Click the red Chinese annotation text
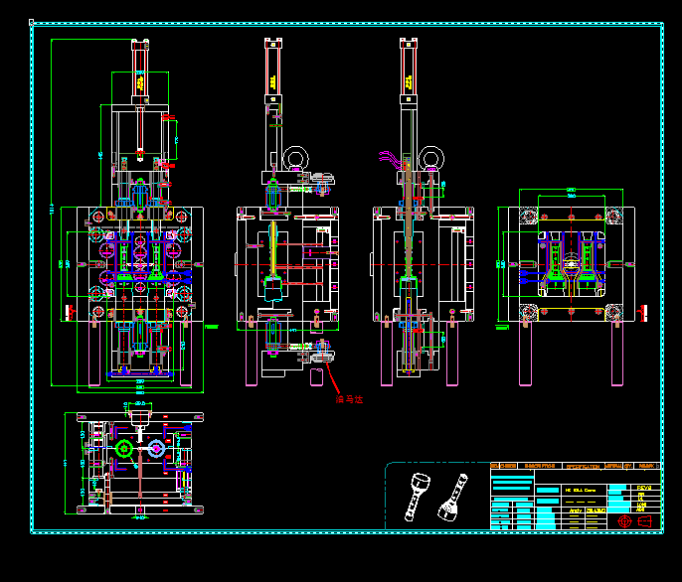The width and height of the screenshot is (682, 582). [350, 399]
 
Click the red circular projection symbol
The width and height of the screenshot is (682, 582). [624, 520]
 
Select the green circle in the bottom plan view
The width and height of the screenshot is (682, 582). [124, 450]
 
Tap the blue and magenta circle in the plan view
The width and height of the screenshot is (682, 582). [156, 450]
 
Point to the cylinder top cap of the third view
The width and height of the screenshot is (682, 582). [407, 41]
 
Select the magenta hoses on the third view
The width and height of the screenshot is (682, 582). [389, 159]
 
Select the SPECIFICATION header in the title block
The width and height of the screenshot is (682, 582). [583, 466]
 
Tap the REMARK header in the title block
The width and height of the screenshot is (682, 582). [647, 466]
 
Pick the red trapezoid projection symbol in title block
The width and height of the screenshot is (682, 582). [642, 520]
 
